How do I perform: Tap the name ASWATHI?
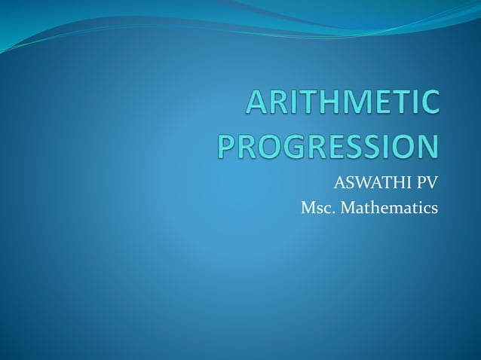click(373, 182)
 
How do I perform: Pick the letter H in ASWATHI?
click(396, 182)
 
